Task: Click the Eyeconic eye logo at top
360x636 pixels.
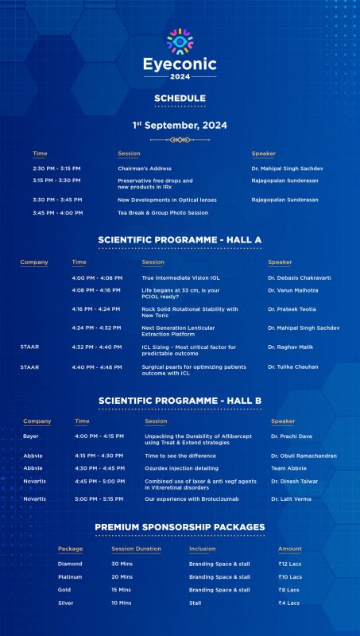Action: (x=180, y=40)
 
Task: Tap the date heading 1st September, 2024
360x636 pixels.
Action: (x=180, y=125)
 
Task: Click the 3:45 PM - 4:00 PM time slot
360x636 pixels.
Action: (x=58, y=212)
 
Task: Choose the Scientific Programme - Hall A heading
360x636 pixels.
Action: (x=180, y=239)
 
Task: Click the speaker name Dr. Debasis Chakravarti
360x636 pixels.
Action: (x=300, y=277)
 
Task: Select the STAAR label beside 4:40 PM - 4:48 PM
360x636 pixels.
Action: (x=29, y=366)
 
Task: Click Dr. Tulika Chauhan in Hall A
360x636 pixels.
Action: (x=293, y=366)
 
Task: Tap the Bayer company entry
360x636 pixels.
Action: (x=31, y=436)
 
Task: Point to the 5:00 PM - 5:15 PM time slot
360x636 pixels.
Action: (x=99, y=498)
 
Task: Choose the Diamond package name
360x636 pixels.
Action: (x=70, y=564)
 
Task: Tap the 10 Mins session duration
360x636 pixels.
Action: (x=122, y=603)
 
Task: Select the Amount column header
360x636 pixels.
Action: (x=289, y=549)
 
